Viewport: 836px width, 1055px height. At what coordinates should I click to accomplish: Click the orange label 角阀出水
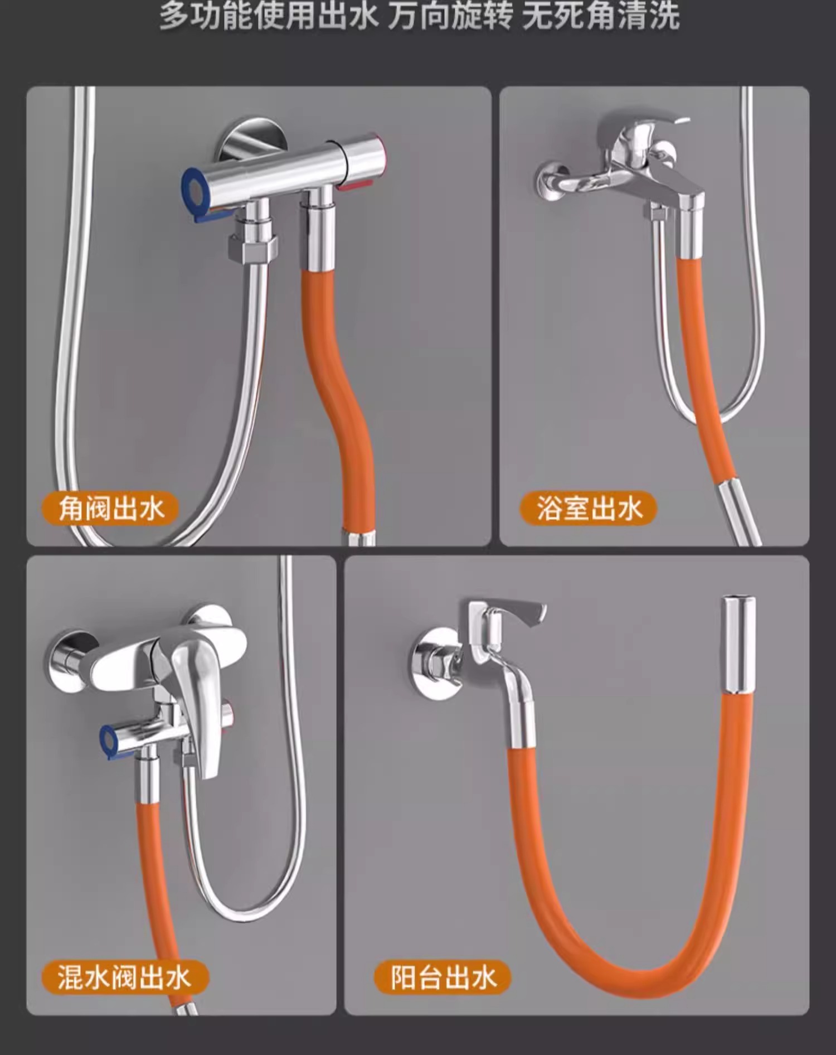click(110, 509)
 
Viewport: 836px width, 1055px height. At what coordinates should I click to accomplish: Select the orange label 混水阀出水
click(125, 977)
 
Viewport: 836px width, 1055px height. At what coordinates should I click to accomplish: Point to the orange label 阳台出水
click(443, 977)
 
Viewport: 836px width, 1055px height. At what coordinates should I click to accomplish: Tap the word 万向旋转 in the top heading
click(450, 16)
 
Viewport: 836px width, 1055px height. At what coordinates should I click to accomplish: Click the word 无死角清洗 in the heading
click(601, 16)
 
